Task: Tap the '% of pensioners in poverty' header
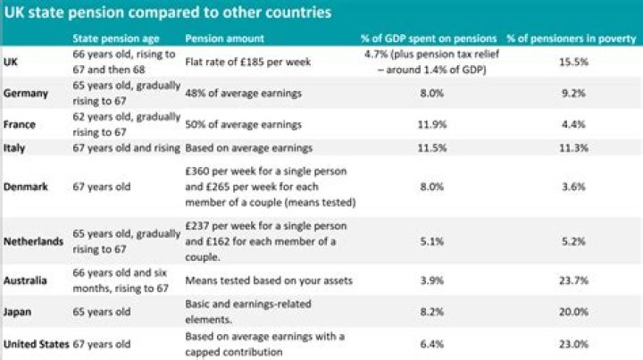point(572,38)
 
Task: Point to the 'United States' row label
point(35,343)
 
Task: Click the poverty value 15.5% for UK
point(572,63)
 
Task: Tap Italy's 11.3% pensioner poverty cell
point(572,147)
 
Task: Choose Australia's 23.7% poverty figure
point(572,280)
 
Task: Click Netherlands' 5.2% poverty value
point(572,241)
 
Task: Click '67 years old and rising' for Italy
point(126,147)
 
